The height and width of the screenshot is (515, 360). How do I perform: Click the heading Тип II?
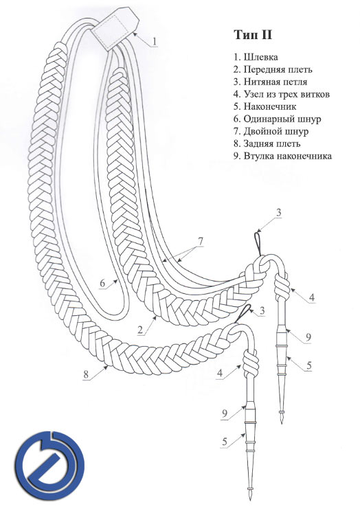click(253, 34)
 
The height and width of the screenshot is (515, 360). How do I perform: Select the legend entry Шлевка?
click(256, 57)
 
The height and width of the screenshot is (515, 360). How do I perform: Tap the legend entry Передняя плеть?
click(273, 69)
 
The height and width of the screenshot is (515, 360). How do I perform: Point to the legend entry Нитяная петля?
click(270, 82)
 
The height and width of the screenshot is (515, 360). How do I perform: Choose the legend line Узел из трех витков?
click(282, 94)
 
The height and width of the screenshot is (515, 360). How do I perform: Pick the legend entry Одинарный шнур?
click(278, 119)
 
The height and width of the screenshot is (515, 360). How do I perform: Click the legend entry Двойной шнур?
click(271, 131)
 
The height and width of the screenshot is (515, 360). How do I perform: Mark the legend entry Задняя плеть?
click(267, 144)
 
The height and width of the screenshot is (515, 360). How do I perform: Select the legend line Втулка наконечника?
click(282, 156)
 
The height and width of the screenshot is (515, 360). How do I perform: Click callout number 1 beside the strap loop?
click(155, 41)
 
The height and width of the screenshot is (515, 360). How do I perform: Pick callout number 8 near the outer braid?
click(86, 374)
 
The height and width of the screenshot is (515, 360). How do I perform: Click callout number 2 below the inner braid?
click(141, 330)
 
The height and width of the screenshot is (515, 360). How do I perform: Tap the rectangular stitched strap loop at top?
click(115, 29)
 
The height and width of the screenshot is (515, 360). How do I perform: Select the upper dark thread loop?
click(258, 243)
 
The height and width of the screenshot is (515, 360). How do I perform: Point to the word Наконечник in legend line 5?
click(270, 106)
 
